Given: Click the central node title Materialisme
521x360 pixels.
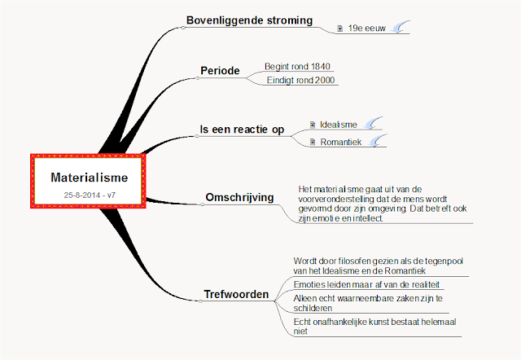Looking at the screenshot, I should pyautogui.click(x=89, y=177).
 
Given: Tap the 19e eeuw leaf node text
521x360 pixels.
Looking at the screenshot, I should pyautogui.click(x=364, y=29).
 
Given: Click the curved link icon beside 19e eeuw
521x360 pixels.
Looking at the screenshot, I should pyautogui.click(x=400, y=29).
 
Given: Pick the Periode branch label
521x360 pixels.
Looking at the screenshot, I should pyautogui.click(x=220, y=71).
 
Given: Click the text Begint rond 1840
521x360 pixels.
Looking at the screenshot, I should pyautogui.click(x=297, y=66).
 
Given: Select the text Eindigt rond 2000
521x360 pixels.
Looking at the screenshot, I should pyautogui.click(x=301, y=80).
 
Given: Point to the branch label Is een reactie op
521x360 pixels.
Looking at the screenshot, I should pyautogui.click(x=242, y=130).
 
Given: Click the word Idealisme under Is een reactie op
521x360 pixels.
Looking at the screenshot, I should pyautogui.click(x=339, y=124).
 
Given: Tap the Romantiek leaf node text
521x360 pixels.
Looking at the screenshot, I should pyautogui.click(x=341, y=142).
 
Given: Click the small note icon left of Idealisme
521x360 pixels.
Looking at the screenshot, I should pyautogui.click(x=312, y=125).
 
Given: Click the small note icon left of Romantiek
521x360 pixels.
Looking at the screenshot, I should pyautogui.click(x=312, y=143).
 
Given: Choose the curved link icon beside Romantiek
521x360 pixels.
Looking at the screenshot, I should pyautogui.click(x=377, y=142).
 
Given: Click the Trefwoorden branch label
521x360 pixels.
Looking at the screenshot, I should pyautogui.click(x=235, y=294).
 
